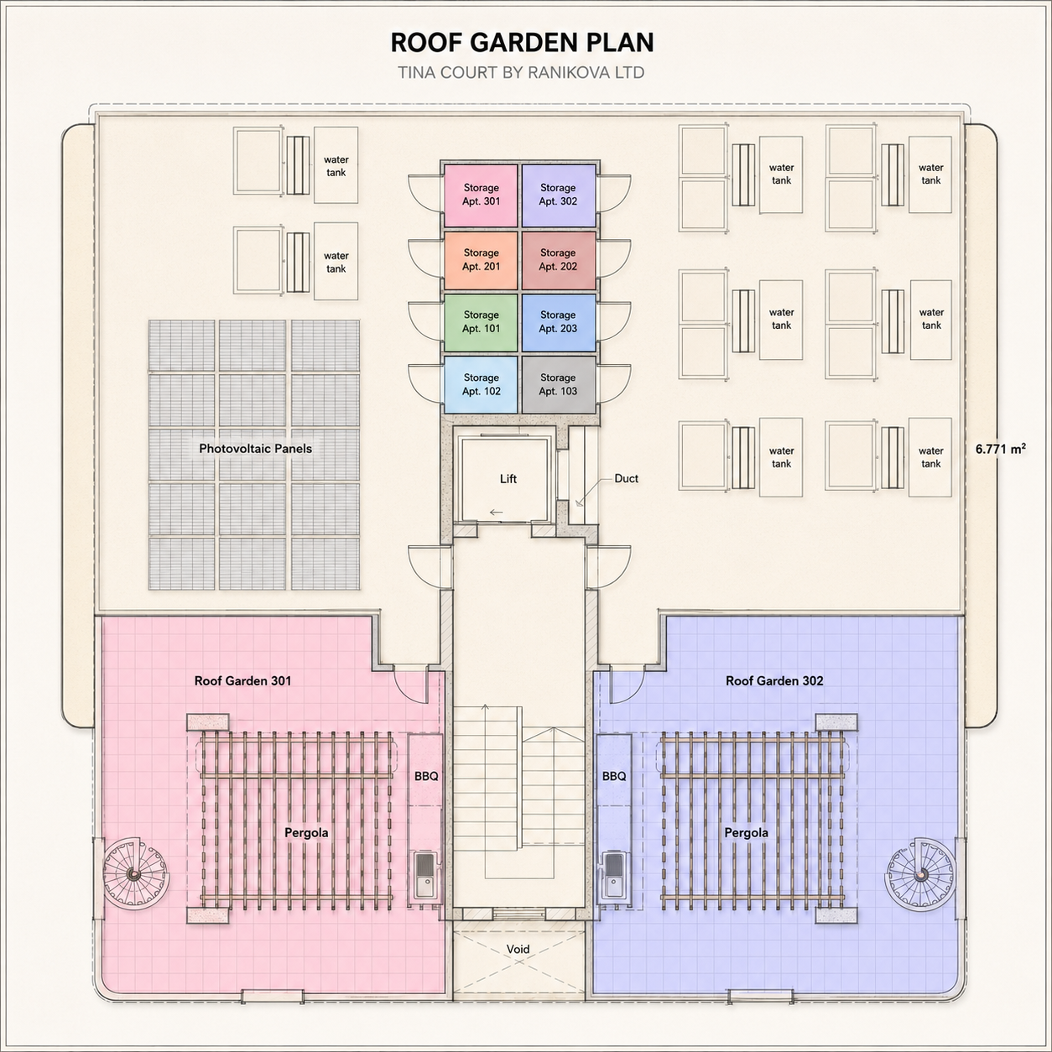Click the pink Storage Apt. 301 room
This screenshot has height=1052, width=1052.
coord(481,195)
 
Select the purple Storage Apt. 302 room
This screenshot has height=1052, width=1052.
coord(558,195)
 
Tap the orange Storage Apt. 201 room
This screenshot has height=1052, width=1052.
coord(481,260)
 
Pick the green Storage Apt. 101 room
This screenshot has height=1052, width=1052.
coord(481,322)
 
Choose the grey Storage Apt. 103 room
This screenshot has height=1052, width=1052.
coord(558,384)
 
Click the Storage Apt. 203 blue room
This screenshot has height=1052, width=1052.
coord(558,322)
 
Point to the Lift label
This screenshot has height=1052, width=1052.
coord(508,479)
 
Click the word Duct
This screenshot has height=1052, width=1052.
coord(626,478)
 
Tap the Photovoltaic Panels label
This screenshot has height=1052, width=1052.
coord(256,449)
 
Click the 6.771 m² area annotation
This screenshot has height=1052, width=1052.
coord(1001,449)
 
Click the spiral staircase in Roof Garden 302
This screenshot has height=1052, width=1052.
coord(920,873)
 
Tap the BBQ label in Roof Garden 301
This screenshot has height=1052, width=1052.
coord(426,776)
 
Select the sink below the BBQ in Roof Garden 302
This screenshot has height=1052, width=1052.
coord(613,875)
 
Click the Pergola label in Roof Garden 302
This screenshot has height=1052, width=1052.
coord(746,832)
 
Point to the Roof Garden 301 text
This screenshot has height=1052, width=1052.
coord(243,680)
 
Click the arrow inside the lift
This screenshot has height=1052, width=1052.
coord(497,512)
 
